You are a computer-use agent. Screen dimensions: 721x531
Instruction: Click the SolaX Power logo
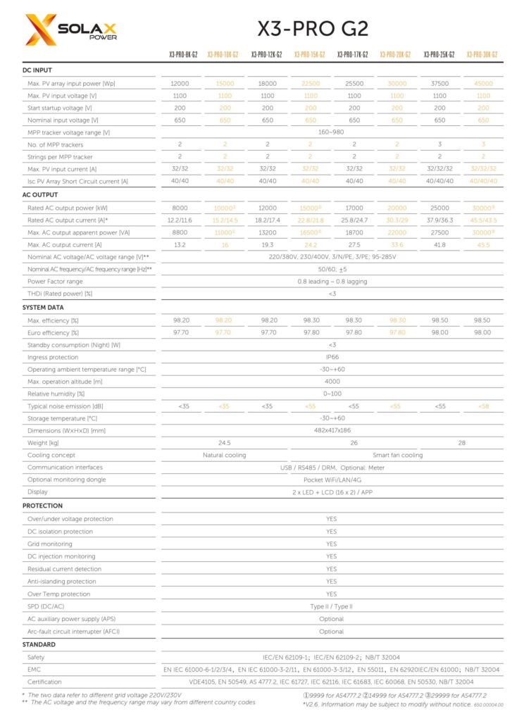click(70, 29)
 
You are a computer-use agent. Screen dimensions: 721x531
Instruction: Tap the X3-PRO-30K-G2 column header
click(482, 54)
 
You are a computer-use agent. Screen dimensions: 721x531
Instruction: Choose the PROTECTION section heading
click(42, 506)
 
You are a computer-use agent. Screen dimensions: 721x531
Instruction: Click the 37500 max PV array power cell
click(439, 83)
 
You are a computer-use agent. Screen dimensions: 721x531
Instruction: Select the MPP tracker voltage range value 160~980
click(331, 132)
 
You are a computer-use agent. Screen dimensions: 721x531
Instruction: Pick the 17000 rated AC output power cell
click(354, 208)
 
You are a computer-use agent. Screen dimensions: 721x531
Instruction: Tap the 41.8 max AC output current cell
click(439, 244)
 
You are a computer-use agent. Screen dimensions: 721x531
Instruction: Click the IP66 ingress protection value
click(331, 357)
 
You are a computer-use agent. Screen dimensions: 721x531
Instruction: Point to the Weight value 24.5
click(225, 443)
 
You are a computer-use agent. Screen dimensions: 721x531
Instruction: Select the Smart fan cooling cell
click(397, 455)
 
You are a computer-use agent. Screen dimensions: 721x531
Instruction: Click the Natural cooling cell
click(225, 455)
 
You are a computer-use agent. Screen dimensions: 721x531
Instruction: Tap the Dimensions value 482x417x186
click(331, 430)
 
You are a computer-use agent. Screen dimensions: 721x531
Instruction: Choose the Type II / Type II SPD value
click(331, 606)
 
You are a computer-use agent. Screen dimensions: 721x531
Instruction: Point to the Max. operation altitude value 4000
click(331, 381)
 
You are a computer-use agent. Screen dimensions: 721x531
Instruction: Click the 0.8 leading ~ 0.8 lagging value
click(331, 281)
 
